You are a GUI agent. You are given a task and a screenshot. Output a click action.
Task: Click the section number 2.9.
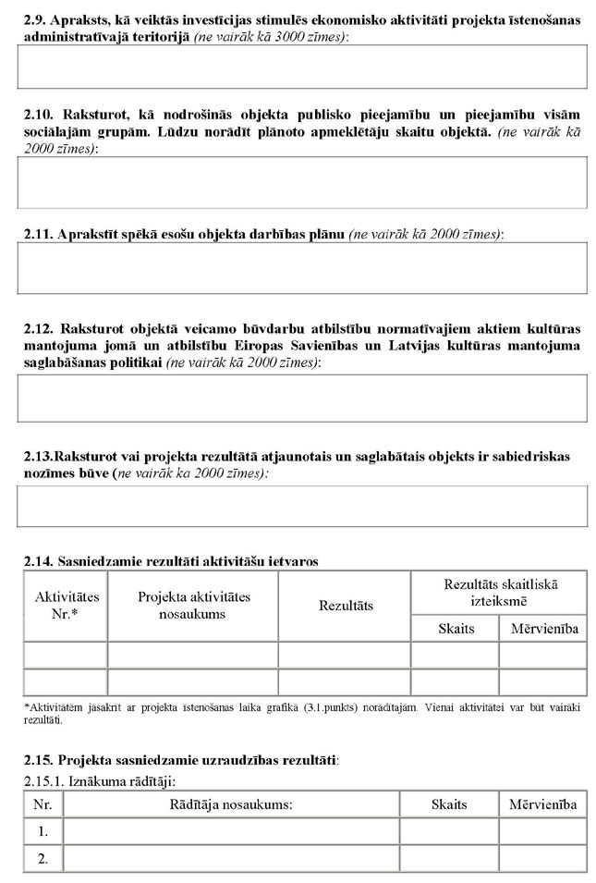(32, 20)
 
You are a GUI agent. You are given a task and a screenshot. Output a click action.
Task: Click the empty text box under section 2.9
(302, 66)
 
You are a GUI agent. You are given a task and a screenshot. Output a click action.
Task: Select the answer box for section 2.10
(302, 182)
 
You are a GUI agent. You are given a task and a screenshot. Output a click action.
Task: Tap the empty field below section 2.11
(302, 268)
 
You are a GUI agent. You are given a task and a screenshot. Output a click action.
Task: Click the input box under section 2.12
(302, 398)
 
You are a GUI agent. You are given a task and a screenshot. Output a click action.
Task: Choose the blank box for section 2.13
(302, 506)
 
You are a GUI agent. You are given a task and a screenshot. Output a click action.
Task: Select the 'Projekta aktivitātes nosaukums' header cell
(193, 606)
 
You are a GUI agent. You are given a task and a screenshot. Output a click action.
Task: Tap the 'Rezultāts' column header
(346, 606)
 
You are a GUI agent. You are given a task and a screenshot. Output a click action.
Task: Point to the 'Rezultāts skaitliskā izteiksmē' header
(500, 592)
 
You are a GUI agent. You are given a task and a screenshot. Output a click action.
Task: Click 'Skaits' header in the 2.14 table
(456, 629)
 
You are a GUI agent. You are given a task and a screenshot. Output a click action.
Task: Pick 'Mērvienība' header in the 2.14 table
(543, 629)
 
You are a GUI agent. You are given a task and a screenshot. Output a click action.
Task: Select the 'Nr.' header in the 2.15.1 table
(43, 804)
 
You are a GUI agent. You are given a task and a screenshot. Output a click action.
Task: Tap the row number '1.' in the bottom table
(43, 831)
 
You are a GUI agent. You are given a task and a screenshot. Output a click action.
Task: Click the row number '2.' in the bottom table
(43, 859)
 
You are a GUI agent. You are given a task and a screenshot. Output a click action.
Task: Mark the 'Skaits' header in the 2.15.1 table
(449, 804)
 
